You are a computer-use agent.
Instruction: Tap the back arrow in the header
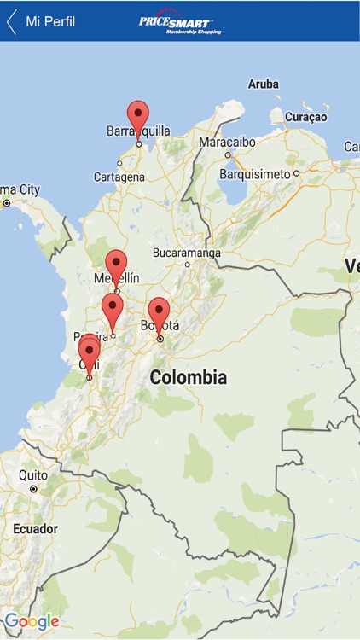[x=12, y=21]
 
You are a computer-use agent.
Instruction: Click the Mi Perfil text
[x=50, y=21]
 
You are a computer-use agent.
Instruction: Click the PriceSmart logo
[x=180, y=23]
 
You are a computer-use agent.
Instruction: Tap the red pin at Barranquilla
[x=137, y=116]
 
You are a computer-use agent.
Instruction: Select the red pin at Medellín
[x=116, y=265]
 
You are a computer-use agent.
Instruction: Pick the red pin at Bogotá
[x=159, y=312]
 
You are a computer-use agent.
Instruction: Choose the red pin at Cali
[x=90, y=352]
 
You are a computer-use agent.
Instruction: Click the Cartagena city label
[x=119, y=177]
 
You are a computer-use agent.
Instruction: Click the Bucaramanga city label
[x=186, y=253]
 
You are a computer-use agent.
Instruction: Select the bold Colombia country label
[x=188, y=377]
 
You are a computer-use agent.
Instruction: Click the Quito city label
[x=33, y=475]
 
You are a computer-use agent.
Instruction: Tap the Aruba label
[x=263, y=84]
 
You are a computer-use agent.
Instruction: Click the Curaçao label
[x=305, y=116]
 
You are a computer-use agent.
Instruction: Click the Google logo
[x=32, y=621]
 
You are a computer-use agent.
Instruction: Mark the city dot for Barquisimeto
[x=296, y=173]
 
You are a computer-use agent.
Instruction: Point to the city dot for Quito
[x=34, y=489]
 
